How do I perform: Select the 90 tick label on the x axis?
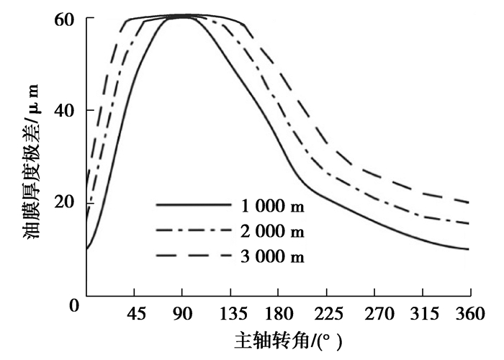coord(183,314)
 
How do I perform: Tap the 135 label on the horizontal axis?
coord(230,314)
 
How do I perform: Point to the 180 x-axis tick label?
coord(279,314)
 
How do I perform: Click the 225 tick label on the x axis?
coord(327,314)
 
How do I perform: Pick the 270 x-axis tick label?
coord(374,314)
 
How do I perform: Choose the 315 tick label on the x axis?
coord(422,314)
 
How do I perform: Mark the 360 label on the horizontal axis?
coord(470,314)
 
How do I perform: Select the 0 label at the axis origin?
coord(73,305)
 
